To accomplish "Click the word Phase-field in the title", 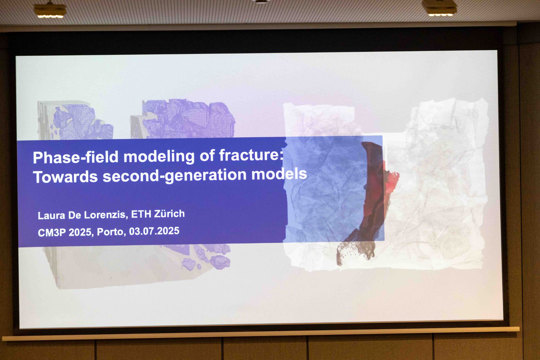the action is click(76, 157).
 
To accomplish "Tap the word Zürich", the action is click(169, 214).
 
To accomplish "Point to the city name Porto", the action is click(111, 232).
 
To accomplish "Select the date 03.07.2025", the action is click(154, 231).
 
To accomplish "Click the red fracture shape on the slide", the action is click(376, 192).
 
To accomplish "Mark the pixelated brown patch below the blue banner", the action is click(355, 252).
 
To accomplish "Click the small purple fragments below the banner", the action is click(207, 258).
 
